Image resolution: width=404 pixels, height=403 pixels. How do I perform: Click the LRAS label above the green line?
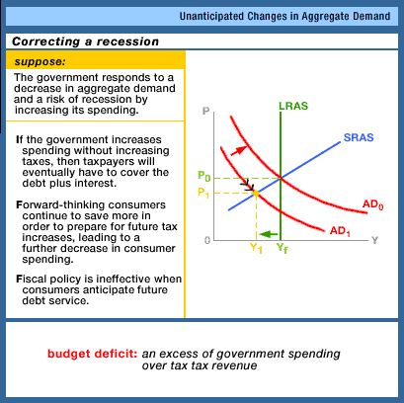click(293, 106)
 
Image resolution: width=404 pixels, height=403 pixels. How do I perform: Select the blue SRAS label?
click(359, 137)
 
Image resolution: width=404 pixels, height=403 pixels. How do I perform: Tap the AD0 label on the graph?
click(372, 204)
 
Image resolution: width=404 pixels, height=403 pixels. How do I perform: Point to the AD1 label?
click(340, 231)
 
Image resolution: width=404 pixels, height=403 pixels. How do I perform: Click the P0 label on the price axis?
click(203, 176)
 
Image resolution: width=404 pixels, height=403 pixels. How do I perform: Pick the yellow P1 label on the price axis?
click(203, 193)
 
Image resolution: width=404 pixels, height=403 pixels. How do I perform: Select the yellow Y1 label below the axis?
click(256, 248)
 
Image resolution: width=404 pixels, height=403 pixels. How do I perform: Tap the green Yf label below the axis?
click(282, 248)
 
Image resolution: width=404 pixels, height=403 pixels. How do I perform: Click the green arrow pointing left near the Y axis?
click(269, 234)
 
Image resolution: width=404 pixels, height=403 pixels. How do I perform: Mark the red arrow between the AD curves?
click(239, 150)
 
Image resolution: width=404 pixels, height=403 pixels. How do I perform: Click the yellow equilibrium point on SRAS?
click(256, 194)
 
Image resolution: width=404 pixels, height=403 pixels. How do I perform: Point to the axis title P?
click(206, 111)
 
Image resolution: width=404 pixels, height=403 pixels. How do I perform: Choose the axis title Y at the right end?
click(374, 240)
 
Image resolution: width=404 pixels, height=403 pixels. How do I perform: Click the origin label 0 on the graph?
click(207, 240)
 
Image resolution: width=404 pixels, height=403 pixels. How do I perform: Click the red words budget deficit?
click(93, 354)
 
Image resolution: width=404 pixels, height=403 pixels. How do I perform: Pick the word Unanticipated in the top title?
click(211, 16)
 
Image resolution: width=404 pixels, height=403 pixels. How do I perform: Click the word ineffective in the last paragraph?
click(123, 280)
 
